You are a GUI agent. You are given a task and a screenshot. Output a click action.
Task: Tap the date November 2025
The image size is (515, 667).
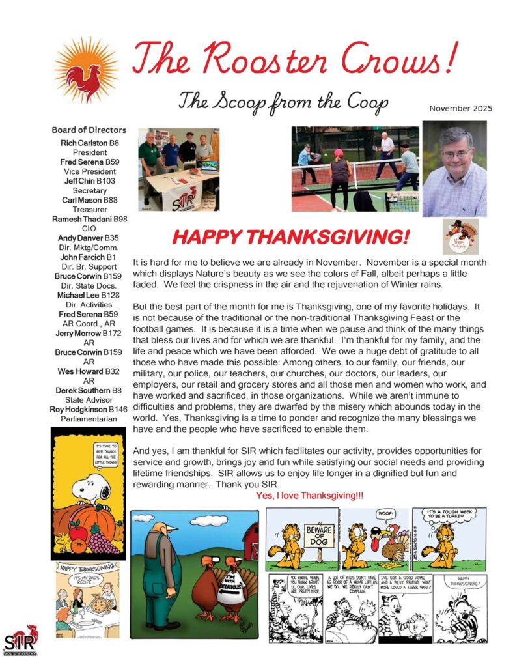click(x=460, y=109)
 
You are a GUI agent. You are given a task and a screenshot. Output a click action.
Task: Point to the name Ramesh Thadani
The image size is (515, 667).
click(x=79, y=219)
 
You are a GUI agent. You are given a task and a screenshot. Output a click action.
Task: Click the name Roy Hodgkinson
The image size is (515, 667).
click(x=76, y=409)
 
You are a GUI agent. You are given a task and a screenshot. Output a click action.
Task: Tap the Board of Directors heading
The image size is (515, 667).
click(x=89, y=130)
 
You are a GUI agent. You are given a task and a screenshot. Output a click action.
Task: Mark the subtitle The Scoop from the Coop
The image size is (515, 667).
click(x=283, y=102)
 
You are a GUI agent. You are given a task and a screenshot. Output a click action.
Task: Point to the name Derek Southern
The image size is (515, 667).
click(x=81, y=390)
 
